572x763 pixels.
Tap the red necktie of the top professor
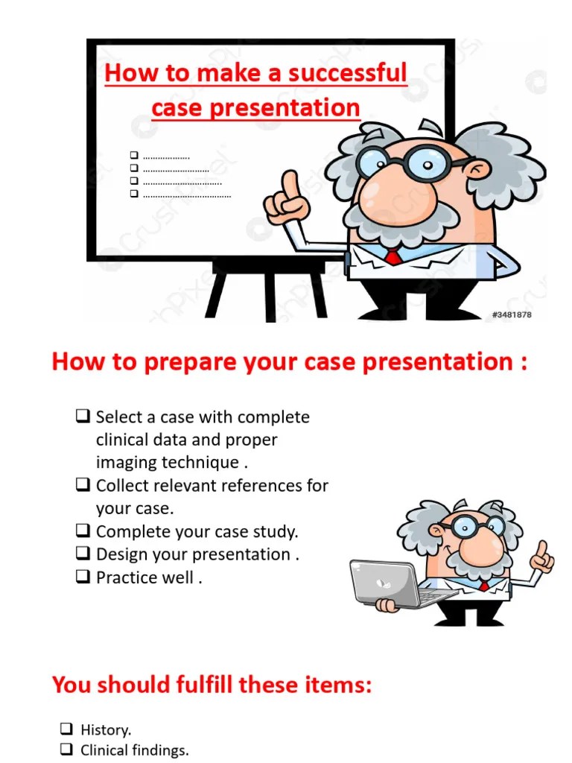click(393, 257)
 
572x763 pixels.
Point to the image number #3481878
click(512, 314)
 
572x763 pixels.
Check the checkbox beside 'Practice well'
click(83, 577)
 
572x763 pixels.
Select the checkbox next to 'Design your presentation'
click(83, 554)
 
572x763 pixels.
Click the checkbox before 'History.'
click(66, 729)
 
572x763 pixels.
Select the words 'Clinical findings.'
click(134, 750)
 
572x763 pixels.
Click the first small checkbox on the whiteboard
click(134, 155)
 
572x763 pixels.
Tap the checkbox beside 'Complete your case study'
click(83, 531)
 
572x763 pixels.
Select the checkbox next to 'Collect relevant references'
click(83, 485)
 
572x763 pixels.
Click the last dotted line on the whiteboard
click(187, 195)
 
